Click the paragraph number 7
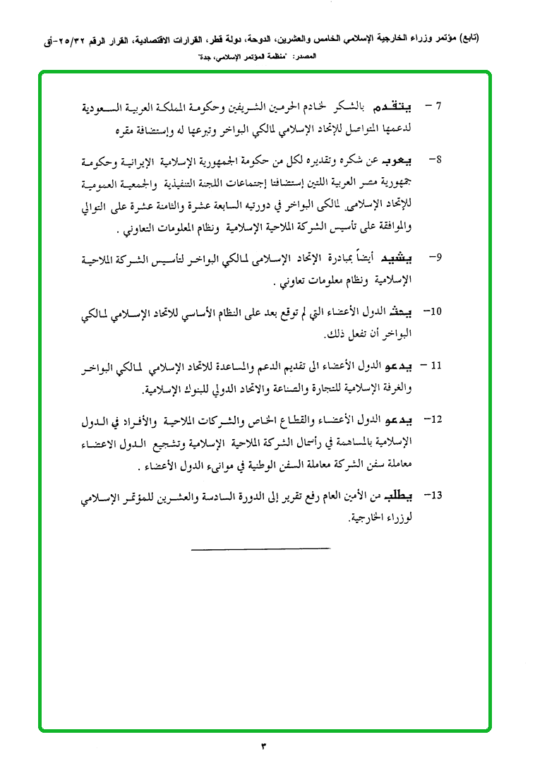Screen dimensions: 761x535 [438, 108]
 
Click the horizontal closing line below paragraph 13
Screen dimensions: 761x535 [260, 549]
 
